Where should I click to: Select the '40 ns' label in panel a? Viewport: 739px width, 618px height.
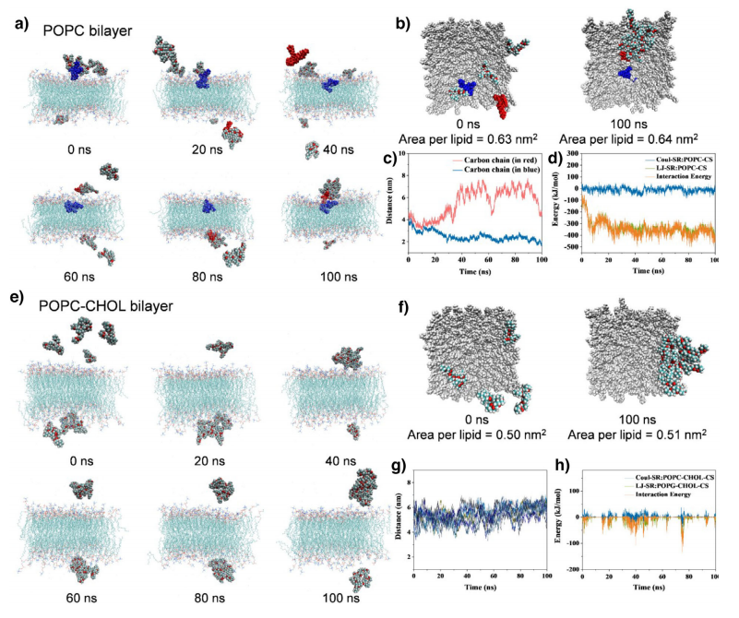click(x=318, y=151)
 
